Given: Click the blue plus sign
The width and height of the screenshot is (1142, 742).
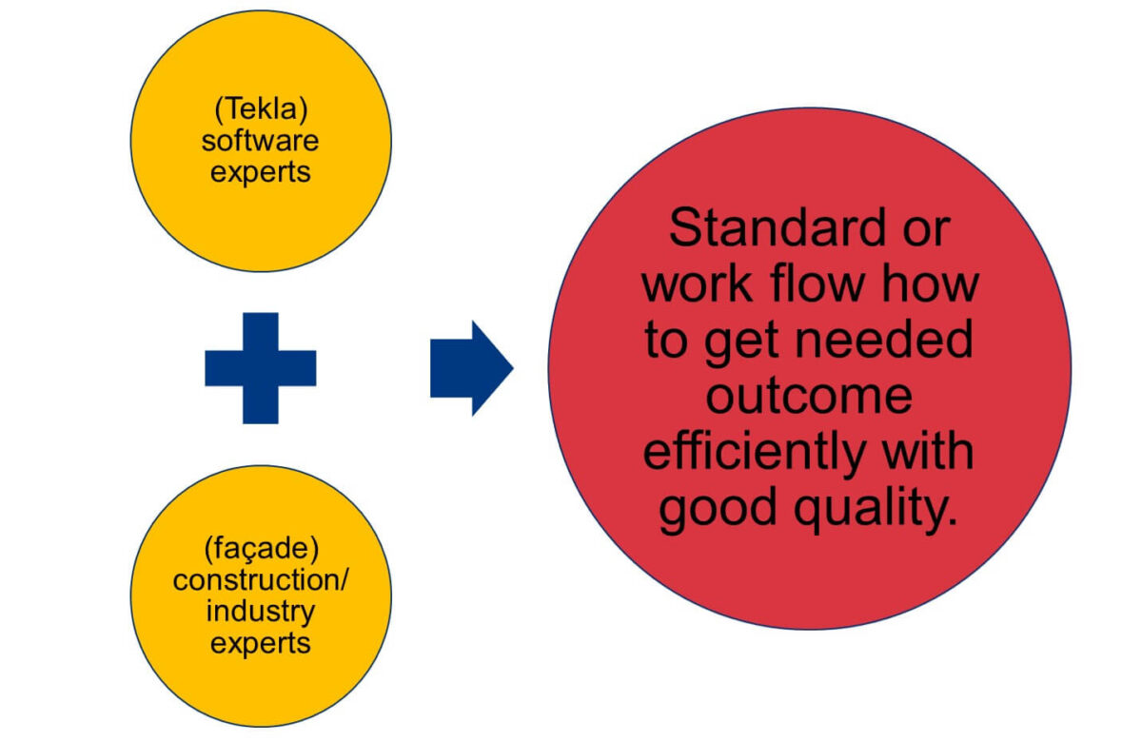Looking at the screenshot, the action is pos(261,368).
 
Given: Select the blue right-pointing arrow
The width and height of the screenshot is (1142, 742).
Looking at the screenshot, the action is pos(472,368).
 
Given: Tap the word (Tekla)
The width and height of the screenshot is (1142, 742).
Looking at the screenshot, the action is pos(261,109).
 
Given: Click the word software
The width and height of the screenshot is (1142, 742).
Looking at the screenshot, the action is pos(260,141).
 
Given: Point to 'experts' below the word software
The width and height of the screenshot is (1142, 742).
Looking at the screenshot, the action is pos(260,173).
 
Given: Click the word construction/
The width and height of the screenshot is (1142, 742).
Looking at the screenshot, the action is pos(261,580).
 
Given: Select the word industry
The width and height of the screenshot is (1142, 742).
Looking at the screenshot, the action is pos(261,612).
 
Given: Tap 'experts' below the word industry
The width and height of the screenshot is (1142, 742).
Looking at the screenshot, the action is pos(260,644).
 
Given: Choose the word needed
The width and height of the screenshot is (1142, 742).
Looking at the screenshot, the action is pos(884,340).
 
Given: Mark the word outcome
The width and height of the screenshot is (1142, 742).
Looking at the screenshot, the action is pos(809,396).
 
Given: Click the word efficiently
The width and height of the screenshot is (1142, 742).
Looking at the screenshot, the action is pos(755,453).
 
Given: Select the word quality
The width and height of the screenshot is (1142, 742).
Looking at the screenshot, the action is pos(875,509).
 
